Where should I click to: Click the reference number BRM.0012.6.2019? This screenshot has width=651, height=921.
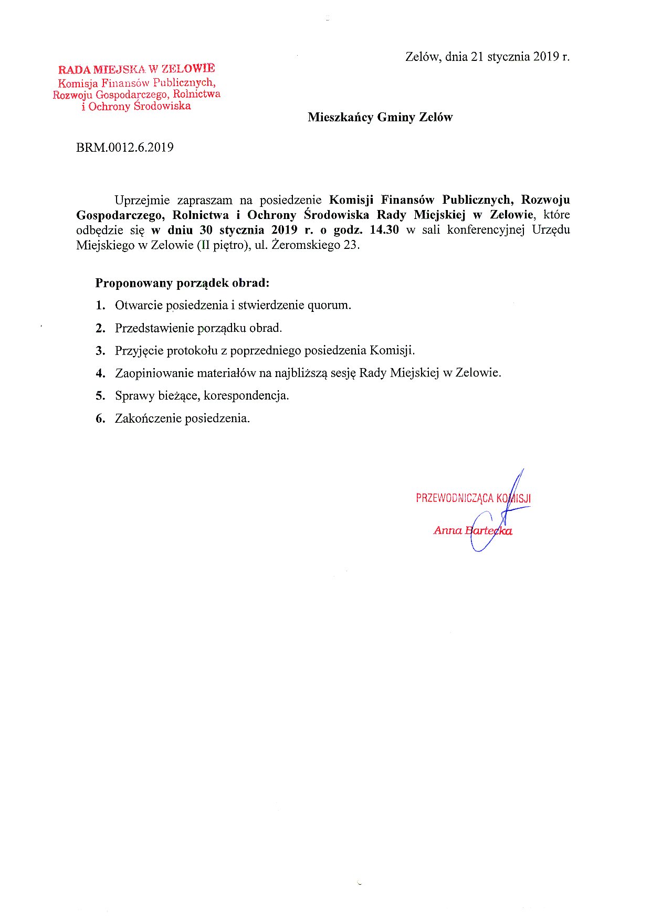(125, 148)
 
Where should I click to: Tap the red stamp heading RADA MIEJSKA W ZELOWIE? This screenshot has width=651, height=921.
(136, 69)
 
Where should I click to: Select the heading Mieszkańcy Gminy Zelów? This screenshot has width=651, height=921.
(380, 117)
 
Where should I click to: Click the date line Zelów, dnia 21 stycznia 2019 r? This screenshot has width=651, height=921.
(487, 57)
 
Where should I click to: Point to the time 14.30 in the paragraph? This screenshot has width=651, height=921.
(384, 230)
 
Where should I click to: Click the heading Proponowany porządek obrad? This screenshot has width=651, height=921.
(182, 283)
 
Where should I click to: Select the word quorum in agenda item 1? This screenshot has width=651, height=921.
(329, 305)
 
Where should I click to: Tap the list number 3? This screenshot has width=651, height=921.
(100, 351)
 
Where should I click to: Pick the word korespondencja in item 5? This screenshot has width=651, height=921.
(246, 396)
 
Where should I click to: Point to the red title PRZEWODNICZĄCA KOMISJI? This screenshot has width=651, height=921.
(473, 498)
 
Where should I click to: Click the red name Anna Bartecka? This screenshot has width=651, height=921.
(472, 530)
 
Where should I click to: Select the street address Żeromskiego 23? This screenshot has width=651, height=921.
(316, 245)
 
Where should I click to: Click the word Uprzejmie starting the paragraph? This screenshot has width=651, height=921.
(142, 200)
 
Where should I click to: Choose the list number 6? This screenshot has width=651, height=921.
(100, 418)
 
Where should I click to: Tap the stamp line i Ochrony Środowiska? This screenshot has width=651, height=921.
(136, 107)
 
